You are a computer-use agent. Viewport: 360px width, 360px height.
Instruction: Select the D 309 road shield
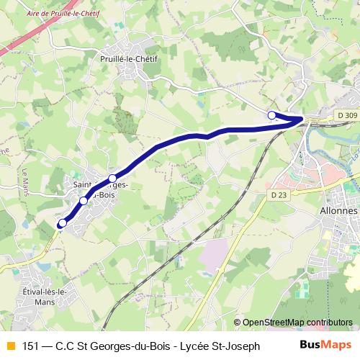point(346,115)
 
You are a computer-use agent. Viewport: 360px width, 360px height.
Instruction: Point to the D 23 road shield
point(279,195)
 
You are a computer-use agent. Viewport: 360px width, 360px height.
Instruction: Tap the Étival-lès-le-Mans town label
point(45,296)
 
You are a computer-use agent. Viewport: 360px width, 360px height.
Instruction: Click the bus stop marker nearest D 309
point(271,115)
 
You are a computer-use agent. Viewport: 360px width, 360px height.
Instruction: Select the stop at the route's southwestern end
point(62,224)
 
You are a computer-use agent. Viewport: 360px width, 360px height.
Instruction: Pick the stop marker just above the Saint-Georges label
point(112,178)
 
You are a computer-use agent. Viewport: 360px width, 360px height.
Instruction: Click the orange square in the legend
point(9,346)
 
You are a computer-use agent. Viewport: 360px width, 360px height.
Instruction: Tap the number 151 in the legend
point(32,346)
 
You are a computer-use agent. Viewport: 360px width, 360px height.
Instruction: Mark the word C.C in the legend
point(65,346)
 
